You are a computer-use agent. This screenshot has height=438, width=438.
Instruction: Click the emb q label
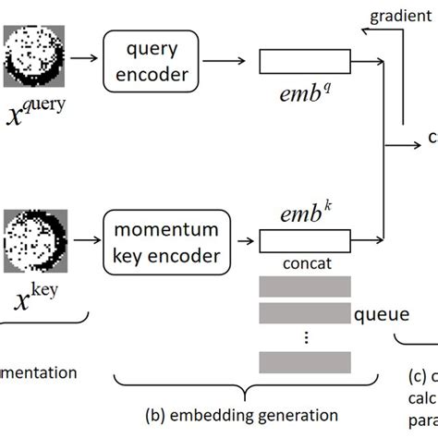[305, 96]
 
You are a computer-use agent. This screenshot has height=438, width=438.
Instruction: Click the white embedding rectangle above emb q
[305, 62]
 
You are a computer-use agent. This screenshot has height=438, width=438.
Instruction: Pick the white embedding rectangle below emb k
[305, 243]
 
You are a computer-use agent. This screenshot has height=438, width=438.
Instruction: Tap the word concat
[304, 264]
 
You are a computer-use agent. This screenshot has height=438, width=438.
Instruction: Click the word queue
[382, 314]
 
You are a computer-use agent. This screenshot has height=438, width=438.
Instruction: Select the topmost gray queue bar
[305, 286]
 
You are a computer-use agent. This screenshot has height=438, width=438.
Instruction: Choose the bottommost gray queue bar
[305, 361]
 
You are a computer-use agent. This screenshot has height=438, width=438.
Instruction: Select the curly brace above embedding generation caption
[243, 387]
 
